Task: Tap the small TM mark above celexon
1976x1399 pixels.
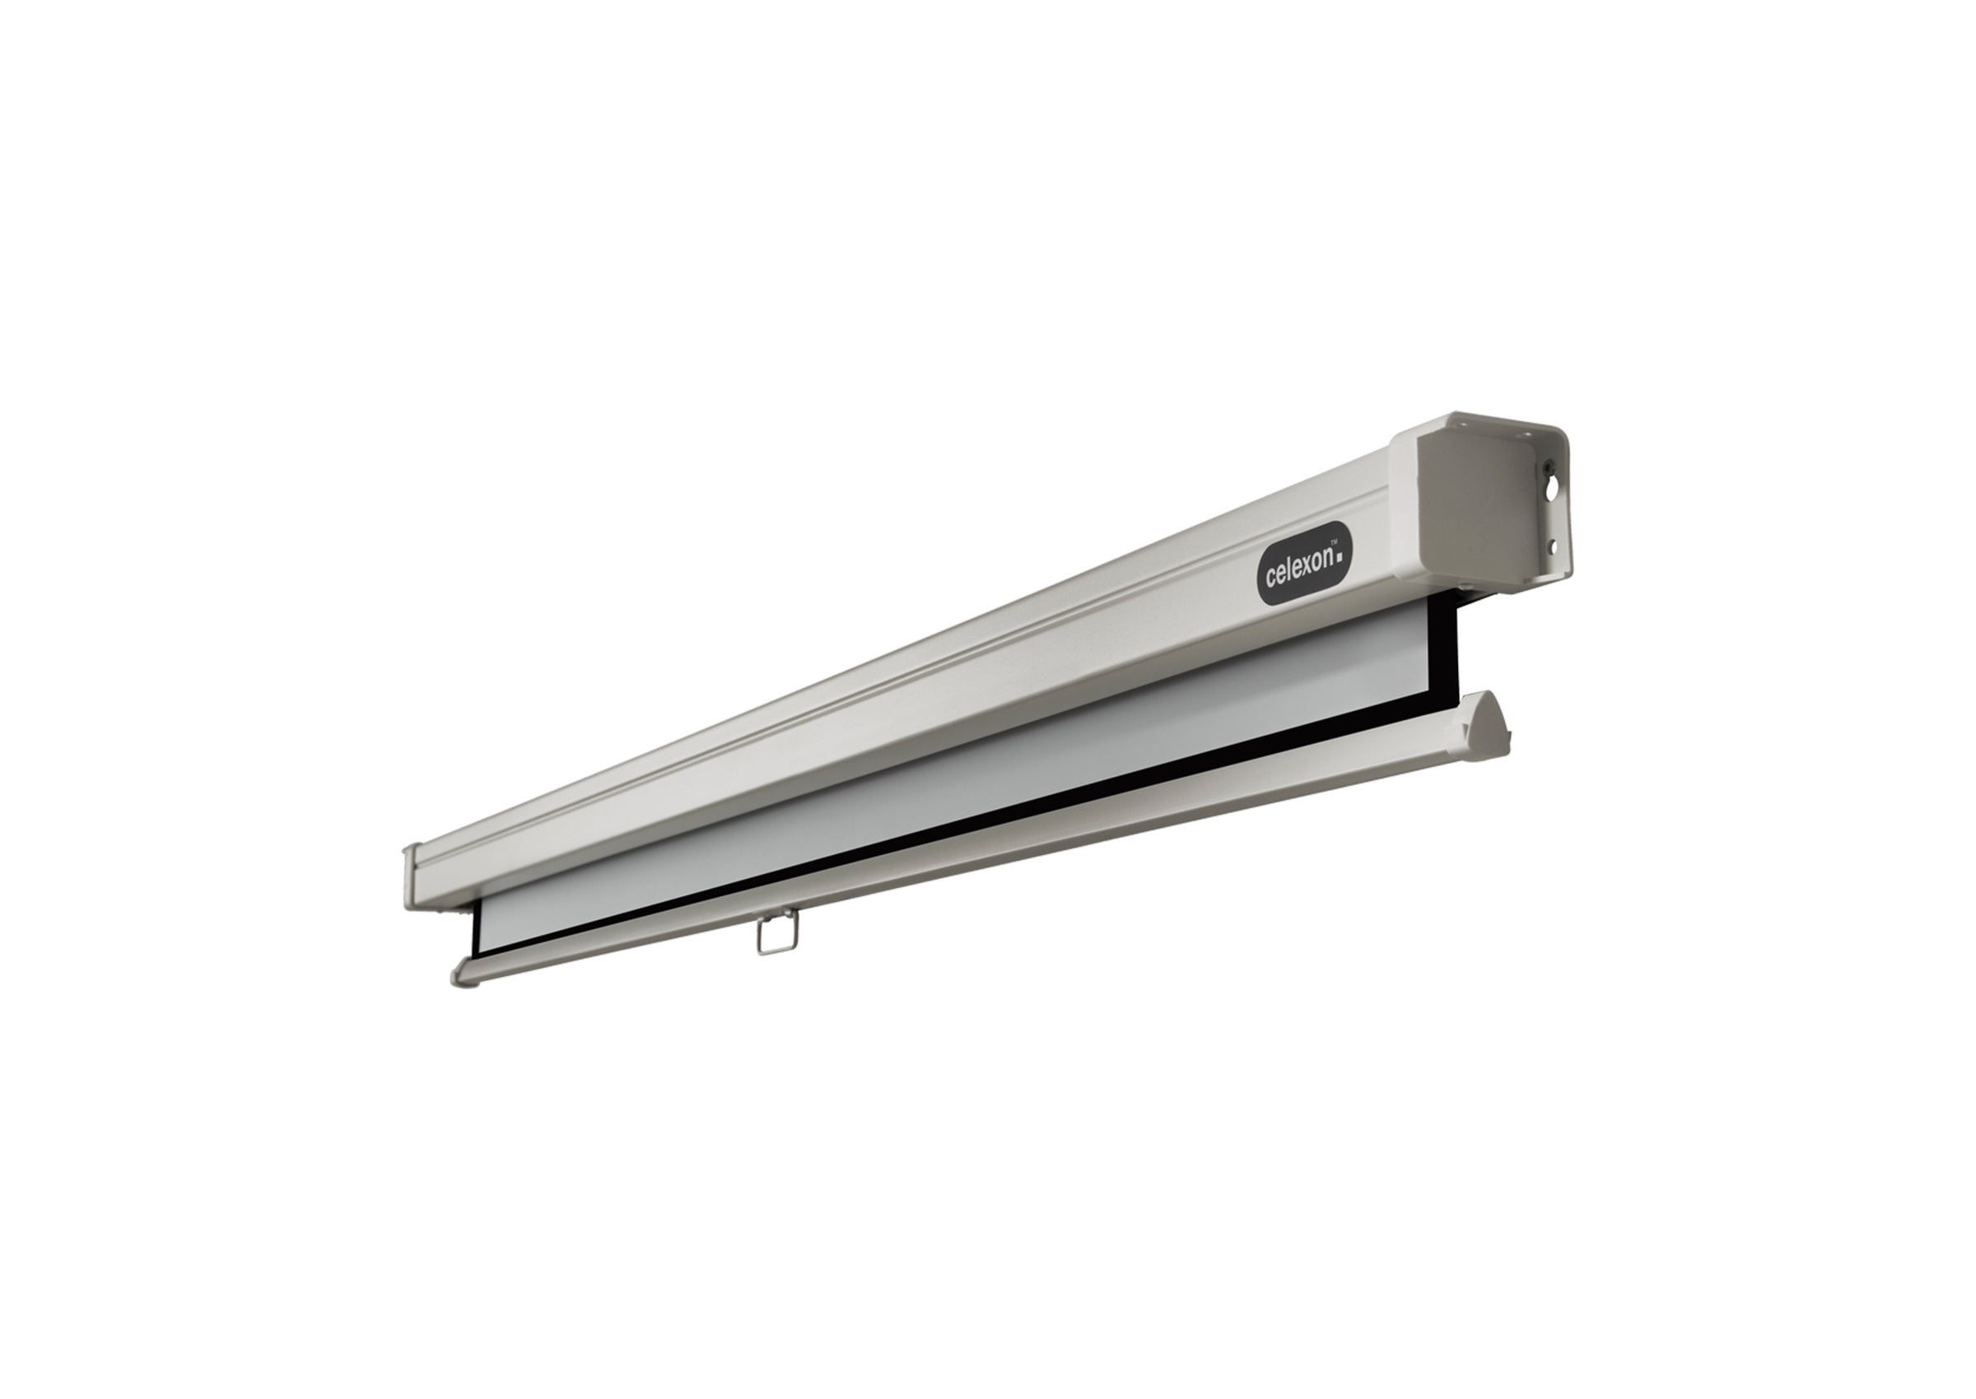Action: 1334,541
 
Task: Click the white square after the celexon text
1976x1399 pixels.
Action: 1340,557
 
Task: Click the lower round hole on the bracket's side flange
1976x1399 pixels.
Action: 1552,546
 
